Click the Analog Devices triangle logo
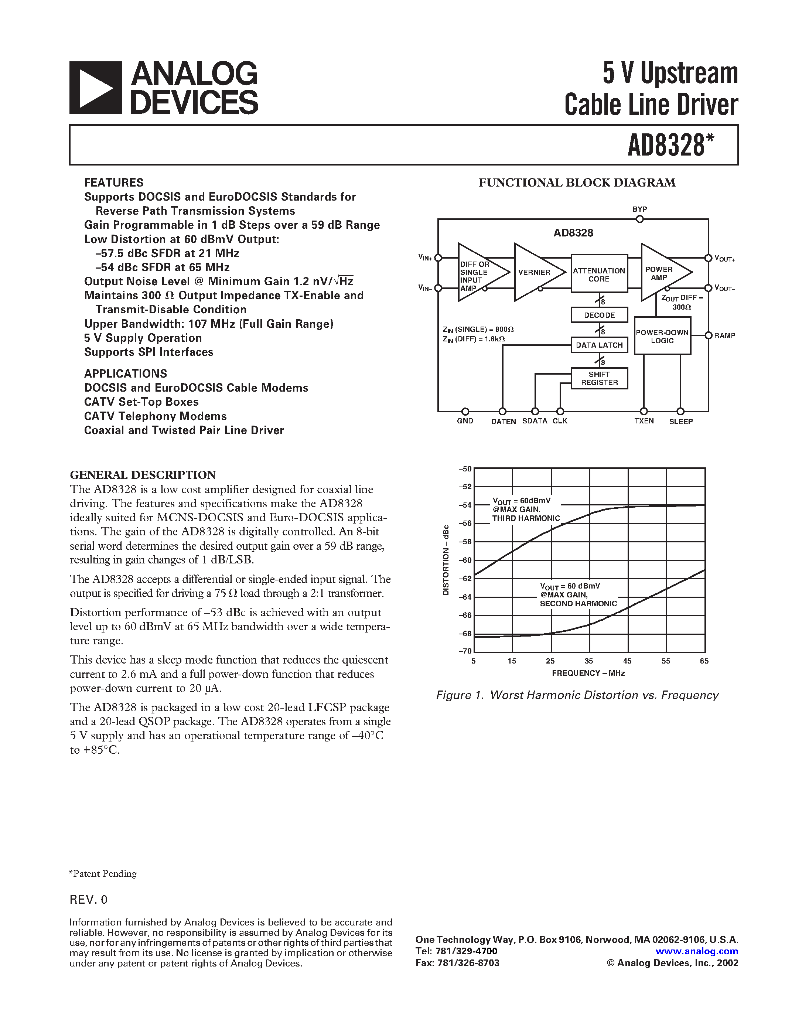point(96,88)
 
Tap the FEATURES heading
point(113,183)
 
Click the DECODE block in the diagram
point(599,315)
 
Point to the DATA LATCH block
point(599,345)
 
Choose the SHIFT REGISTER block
point(599,378)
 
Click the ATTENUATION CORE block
point(599,275)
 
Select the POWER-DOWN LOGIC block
point(662,336)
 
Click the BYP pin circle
point(640,219)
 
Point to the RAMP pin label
point(724,335)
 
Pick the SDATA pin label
point(535,421)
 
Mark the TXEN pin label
point(644,421)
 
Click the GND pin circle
point(465,412)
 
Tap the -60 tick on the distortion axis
point(465,560)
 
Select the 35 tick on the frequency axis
point(589,661)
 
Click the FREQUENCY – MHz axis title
point(588,673)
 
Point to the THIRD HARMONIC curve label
point(526,518)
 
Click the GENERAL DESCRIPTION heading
point(143,475)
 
